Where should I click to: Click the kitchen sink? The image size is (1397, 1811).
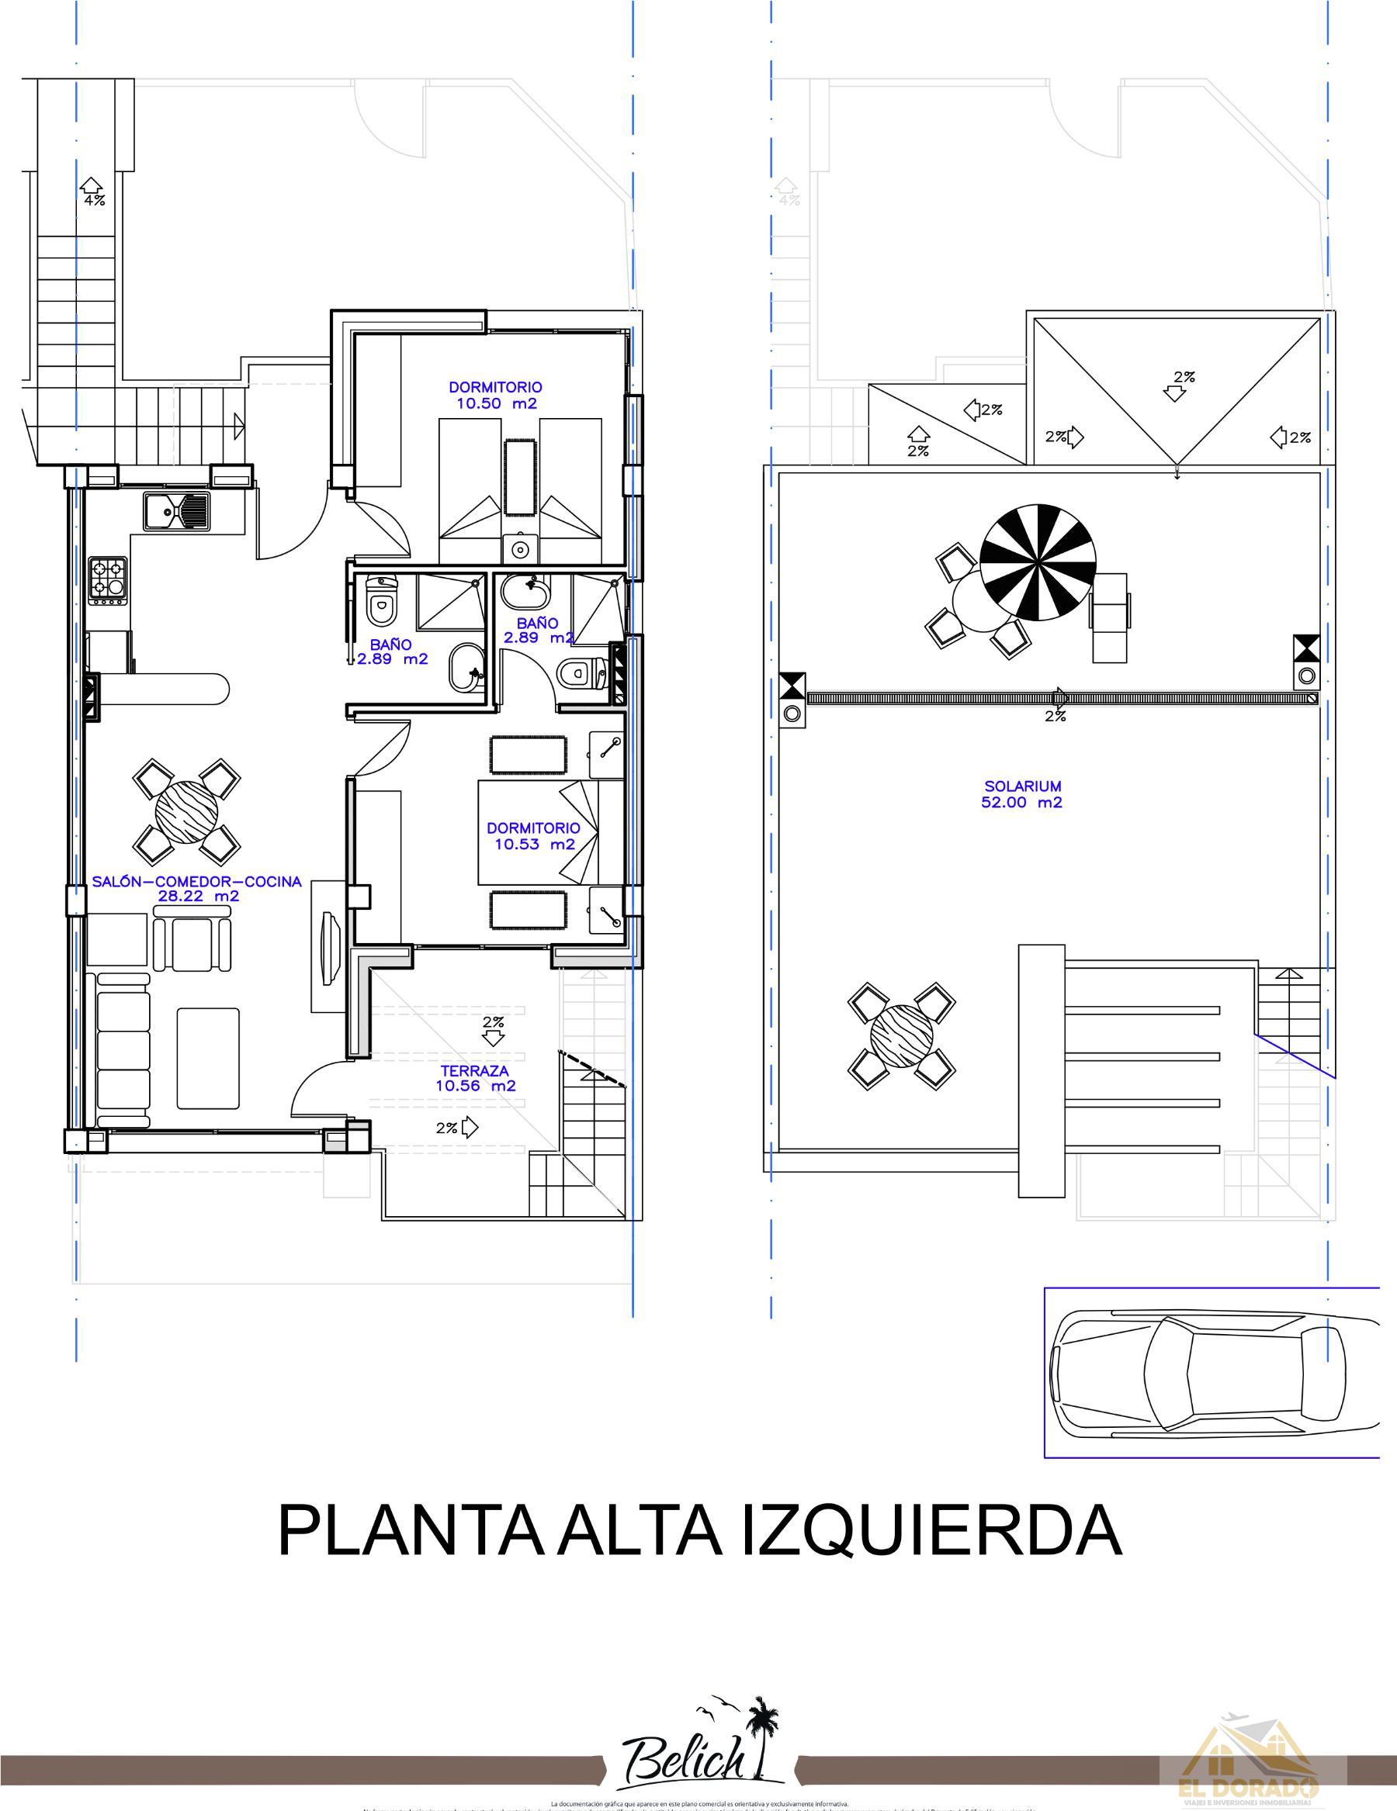(x=177, y=511)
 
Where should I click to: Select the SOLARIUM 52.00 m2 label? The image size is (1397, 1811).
(x=1022, y=793)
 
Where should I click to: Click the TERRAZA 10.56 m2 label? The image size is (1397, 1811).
(x=475, y=1078)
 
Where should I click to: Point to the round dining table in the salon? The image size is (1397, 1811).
(x=186, y=811)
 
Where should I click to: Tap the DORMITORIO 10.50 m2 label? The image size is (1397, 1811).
(x=496, y=396)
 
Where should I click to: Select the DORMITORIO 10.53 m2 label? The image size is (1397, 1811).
(x=533, y=836)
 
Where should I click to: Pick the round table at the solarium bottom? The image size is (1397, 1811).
(x=902, y=1033)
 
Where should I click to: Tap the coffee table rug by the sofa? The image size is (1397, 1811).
(x=207, y=1057)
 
